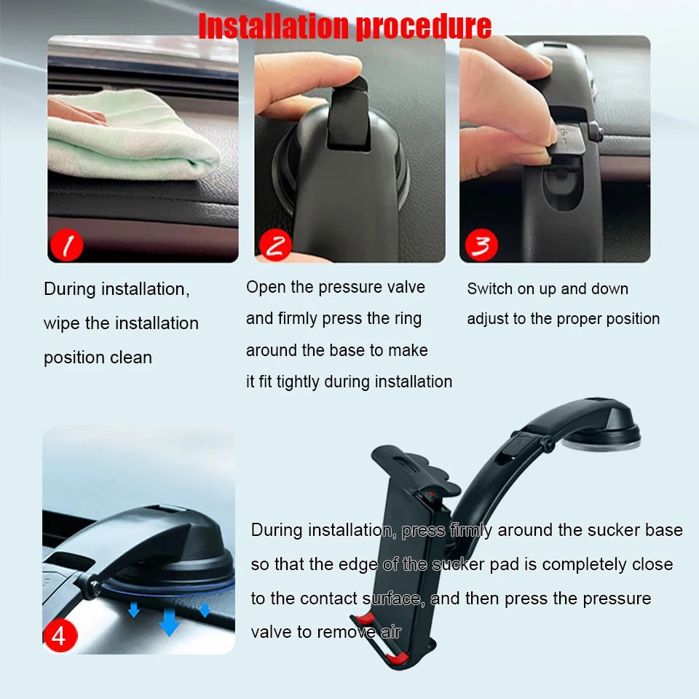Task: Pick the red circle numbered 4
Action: point(59,636)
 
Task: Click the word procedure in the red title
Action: point(424,26)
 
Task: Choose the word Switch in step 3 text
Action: point(490,289)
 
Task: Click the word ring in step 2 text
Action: point(406,318)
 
